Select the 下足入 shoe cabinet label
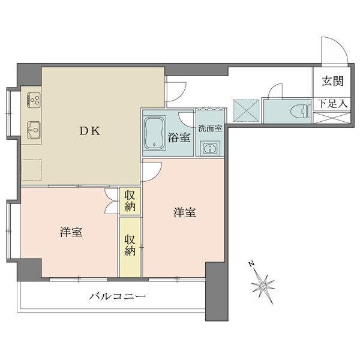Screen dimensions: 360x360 pyautogui.click(x=332, y=104)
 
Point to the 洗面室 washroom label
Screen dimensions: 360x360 pyautogui.click(x=210, y=128)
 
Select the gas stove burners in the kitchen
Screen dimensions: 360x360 pyautogui.click(x=33, y=100)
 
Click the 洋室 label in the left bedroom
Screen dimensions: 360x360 pyautogui.click(x=71, y=232)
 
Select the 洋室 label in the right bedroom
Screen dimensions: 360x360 pyautogui.click(x=185, y=212)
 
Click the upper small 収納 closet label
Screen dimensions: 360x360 pyautogui.click(x=130, y=200)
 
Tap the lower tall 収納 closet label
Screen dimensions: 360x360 pyautogui.click(x=130, y=245)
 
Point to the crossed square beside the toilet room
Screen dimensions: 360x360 pyautogui.click(x=245, y=110)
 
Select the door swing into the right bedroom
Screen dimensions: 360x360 pyautogui.click(x=151, y=170)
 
